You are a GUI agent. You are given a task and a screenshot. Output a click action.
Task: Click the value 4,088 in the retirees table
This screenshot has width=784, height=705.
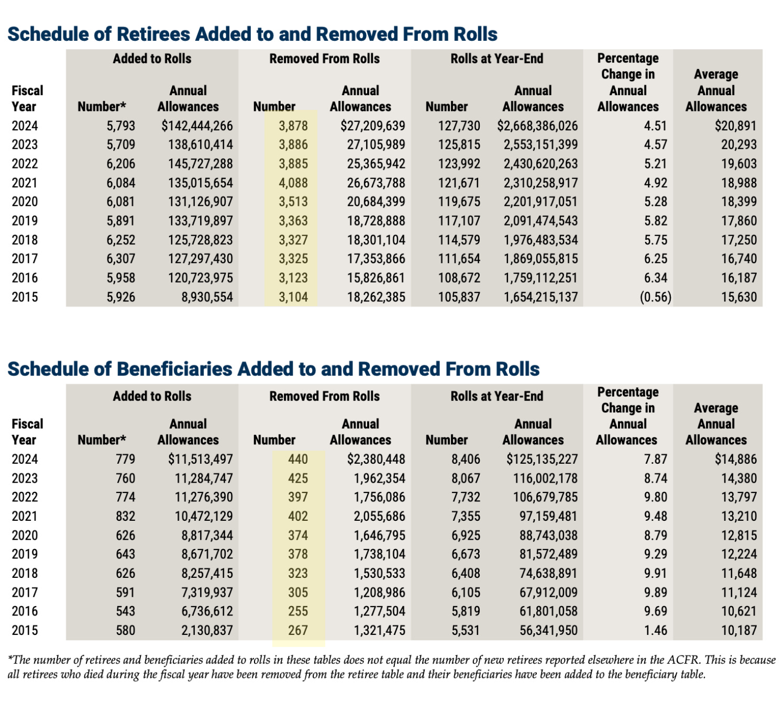pyautogui.click(x=293, y=183)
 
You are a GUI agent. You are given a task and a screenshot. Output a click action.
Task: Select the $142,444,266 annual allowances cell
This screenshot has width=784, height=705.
pyautogui.click(x=197, y=126)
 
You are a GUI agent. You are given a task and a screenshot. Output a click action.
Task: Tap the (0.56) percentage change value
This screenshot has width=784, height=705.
pyautogui.click(x=655, y=297)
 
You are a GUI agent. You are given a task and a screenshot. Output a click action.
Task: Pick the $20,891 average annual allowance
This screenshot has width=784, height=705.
pyautogui.click(x=735, y=126)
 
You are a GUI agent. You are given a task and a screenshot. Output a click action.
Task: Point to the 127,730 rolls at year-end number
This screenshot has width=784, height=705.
pyautogui.click(x=459, y=126)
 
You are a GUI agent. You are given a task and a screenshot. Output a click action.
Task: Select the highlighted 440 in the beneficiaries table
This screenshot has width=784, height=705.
pyautogui.click(x=298, y=460)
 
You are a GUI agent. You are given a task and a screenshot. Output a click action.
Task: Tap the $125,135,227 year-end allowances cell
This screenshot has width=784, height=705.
pyautogui.click(x=542, y=460)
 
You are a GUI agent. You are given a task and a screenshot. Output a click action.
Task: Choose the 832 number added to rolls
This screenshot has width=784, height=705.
pyautogui.click(x=125, y=517)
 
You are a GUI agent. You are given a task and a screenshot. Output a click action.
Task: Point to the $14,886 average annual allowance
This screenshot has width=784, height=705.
pyautogui.click(x=735, y=460)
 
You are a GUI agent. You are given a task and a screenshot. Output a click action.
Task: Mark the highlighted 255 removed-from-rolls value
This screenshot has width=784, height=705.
pyautogui.click(x=298, y=611)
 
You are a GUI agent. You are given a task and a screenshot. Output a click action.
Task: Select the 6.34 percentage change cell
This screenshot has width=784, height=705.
pyautogui.click(x=656, y=278)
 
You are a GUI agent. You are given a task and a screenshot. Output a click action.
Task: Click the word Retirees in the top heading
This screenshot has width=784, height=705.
pyautogui.click(x=153, y=35)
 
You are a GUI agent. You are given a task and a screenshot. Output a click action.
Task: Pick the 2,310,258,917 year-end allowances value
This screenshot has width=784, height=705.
pyautogui.click(x=540, y=183)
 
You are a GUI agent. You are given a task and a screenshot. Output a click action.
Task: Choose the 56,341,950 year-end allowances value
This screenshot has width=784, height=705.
pyautogui.click(x=548, y=631)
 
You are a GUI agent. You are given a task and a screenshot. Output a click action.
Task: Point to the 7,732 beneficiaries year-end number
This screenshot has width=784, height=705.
pyautogui.click(x=466, y=497)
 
